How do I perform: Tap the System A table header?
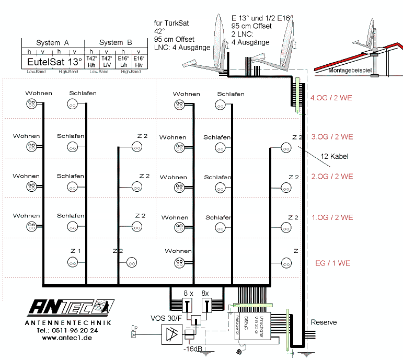52,42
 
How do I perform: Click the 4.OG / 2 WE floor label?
331,97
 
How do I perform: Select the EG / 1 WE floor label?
332,263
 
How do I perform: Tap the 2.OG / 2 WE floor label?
332,176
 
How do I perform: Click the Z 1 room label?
75,251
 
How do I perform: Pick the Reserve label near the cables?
324,322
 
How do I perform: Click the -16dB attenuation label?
194,349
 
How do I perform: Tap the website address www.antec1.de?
67,338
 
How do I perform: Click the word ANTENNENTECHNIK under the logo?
67,323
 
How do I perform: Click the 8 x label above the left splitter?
188,293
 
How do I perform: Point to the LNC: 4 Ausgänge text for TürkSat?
182,47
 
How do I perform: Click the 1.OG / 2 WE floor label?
332,217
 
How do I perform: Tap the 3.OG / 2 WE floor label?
332,137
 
